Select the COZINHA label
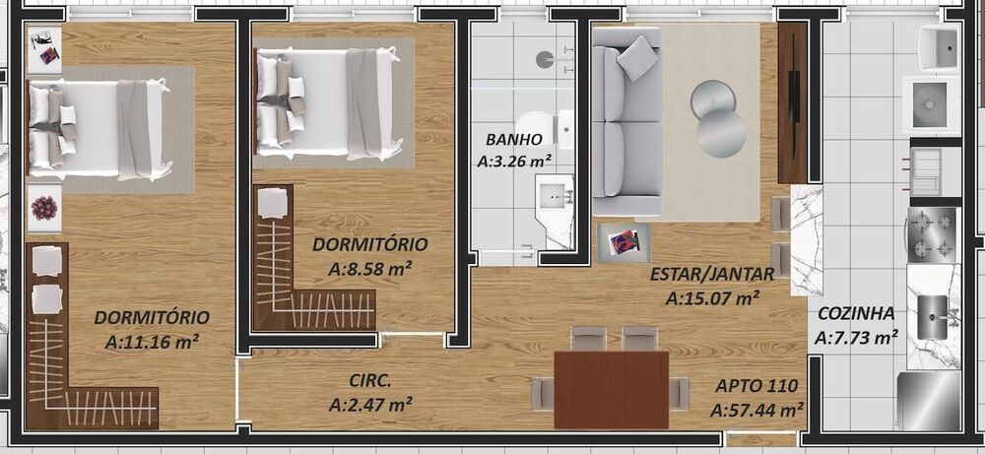pyautogui.click(x=855, y=314)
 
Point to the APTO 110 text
pyautogui.click(x=755, y=386)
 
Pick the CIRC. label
pyautogui.click(x=370, y=380)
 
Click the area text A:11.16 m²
pyautogui.click(x=152, y=342)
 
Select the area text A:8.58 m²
pyautogui.click(x=369, y=267)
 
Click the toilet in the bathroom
pyautogui.click(x=562, y=126)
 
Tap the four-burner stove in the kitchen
pyautogui.click(x=932, y=234)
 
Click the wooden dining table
pyautogui.click(x=611, y=390)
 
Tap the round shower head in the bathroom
pyautogui.click(x=545, y=59)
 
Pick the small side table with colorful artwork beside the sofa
pyautogui.click(x=624, y=242)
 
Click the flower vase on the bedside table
pyautogui.click(x=43, y=209)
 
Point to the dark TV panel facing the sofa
pyautogui.click(x=792, y=103)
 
